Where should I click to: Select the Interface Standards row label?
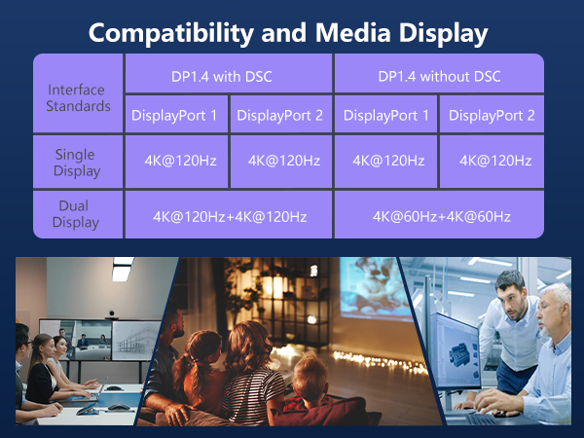point(77,97)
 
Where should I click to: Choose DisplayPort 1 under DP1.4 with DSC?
point(175,116)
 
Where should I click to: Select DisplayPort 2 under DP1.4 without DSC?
point(492,116)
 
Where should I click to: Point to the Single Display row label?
point(77,162)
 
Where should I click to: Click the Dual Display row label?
point(77,215)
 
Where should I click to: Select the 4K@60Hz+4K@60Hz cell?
point(440,215)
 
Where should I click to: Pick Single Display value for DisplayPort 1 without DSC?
point(387,161)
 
